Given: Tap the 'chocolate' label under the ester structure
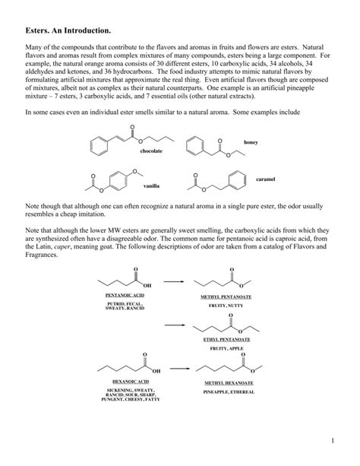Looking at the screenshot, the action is [151, 151].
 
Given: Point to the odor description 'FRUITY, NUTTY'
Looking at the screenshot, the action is [225, 304].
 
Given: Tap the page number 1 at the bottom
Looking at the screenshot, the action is [333, 439].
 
